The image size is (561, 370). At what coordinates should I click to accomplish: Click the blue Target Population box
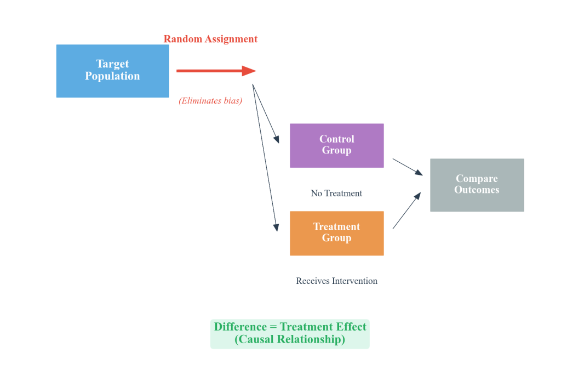pyautogui.click(x=112, y=71)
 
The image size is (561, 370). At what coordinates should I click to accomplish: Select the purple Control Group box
pyautogui.click(x=336, y=145)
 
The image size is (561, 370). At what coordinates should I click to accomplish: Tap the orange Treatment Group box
pyautogui.click(x=336, y=233)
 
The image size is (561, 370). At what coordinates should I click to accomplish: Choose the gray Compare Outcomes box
pyautogui.click(x=477, y=185)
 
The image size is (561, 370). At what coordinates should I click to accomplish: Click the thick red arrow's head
pyautogui.click(x=249, y=71)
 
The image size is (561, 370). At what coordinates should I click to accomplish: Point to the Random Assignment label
pyautogui.click(x=210, y=39)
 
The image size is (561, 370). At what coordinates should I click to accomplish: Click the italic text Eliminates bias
pyautogui.click(x=210, y=101)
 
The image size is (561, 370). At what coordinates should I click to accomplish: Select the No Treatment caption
pyautogui.click(x=336, y=193)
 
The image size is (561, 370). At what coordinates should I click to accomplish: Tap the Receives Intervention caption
pyautogui.click(x=336, y=281)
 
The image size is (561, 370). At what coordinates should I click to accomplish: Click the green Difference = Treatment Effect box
pyautogui.click(x=290, y=334)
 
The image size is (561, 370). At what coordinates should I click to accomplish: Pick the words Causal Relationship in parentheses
pyautogui.click(x=290, y=340)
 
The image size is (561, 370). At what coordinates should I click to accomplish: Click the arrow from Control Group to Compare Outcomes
pyautogui.click(x=407, y=167)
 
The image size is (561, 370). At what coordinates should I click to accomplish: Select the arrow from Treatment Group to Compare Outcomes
pyautogui.click(x=407, y=210)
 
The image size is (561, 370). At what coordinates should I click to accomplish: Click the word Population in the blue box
pyautogui.click(x=112, y=77)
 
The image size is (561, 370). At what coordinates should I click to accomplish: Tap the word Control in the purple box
pyautogui.click(x=336, y=139)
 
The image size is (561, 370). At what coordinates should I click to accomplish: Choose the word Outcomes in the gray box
pyautogui.click(x=477, y=190)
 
